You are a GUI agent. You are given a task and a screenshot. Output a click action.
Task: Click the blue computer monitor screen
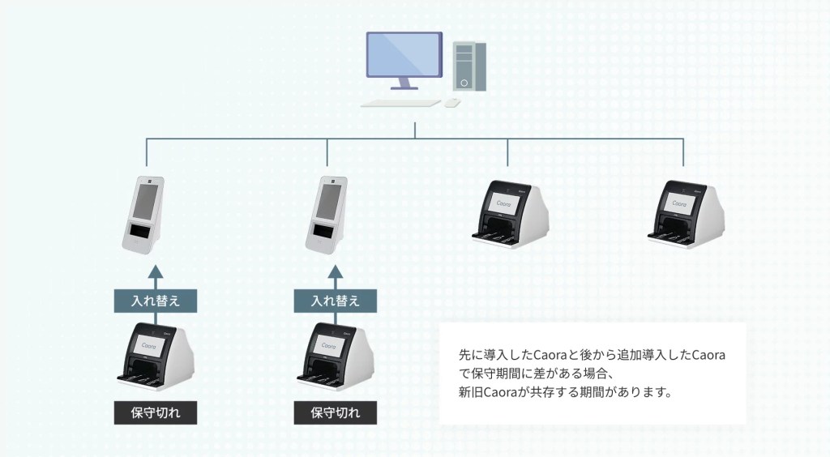(404, 54)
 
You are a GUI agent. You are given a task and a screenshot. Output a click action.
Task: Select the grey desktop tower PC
(469, 66)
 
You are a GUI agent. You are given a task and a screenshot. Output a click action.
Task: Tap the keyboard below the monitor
(400, 103)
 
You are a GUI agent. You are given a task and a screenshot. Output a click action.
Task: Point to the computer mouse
(452, 103)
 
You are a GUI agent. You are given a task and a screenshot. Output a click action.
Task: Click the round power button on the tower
(464, 83)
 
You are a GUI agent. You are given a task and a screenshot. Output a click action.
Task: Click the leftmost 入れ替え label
(156, 301)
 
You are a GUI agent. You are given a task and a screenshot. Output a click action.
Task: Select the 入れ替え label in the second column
(335, 301)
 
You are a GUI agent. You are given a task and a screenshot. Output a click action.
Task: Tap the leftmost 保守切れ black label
(156, 412)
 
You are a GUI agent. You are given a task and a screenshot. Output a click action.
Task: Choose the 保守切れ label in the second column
(335, 412)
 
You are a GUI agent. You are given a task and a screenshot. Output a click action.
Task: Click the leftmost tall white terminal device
(143, 215)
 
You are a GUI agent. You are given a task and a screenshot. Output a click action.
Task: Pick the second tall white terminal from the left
(326, 215)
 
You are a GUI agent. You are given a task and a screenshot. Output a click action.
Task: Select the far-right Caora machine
(687, 214)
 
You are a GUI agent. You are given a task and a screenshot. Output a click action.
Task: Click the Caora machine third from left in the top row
(511, 214)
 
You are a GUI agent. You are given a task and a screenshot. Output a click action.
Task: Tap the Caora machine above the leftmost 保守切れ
(156, 357)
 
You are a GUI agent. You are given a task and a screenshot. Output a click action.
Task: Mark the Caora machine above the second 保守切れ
(335, 357)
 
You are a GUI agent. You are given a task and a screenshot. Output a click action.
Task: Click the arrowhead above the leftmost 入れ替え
(155, 272)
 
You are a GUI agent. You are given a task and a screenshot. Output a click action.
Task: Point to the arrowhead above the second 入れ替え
(335, 272)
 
